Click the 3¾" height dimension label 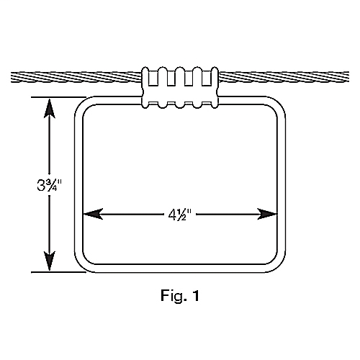click(x=50, y=185)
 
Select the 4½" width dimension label click(x=180, y=215)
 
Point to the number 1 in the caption click(x=196, y=295)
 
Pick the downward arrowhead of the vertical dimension click(x=50, y=261)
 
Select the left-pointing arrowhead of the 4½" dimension click(x=93, y=214)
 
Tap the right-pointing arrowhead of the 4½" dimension click(x=267, y=214)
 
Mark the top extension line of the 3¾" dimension click(x=58, y=97)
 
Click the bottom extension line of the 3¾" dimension click(x=58, y=272)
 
